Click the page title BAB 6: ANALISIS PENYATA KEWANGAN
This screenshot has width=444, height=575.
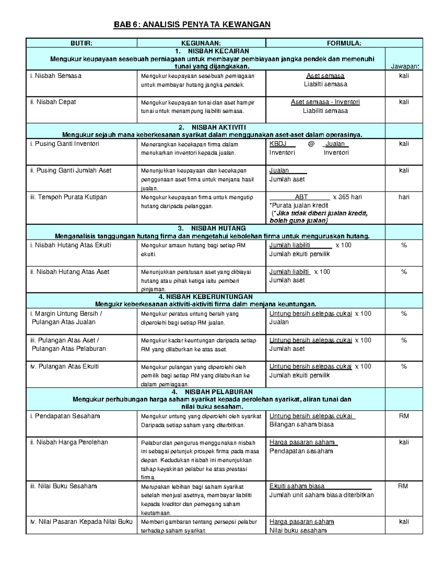tap(192, 24)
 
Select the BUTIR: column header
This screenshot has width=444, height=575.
tap(81, 43)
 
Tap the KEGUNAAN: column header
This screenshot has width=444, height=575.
tap(201, 43)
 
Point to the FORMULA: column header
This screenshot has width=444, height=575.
tap(344, 43)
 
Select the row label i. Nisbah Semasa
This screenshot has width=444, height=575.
tap(56, 76)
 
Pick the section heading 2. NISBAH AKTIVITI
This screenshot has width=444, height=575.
tap(212, 127)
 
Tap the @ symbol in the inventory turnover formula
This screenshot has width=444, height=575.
tap(311, 144)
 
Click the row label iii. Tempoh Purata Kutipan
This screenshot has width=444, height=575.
tap(68, 197)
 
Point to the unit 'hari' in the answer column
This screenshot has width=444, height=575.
tap(404, 197)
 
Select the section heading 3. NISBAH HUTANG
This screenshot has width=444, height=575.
tap(212, 228)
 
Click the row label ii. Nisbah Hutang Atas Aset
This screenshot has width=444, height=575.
tap(70, 272)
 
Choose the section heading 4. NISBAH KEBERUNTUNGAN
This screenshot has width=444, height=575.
tap(205, 297)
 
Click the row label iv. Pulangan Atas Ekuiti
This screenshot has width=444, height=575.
tap(64, 367)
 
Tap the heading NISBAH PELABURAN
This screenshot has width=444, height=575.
tap(219, 392)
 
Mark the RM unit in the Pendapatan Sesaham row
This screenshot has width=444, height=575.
tap(404, 416)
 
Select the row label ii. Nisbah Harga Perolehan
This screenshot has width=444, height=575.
tap(69, 442)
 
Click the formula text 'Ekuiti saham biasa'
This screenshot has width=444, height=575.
tap(297, 486)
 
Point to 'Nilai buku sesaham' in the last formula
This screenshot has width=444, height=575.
tap(298, 531)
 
